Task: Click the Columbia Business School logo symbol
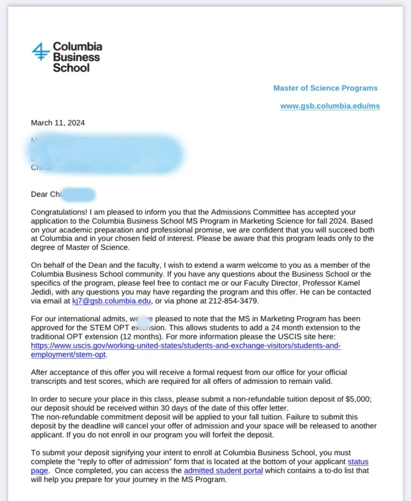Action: pos(40,52)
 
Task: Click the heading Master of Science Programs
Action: pos(325,88)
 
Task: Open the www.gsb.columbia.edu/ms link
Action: pos(330,106)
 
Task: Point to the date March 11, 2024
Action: pos(58,123)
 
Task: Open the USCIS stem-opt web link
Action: pos(186,346)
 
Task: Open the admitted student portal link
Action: pos(223,471)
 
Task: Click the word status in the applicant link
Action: pos(358,462)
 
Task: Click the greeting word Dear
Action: pos(39,194)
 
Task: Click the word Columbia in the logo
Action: pos(77,47)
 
